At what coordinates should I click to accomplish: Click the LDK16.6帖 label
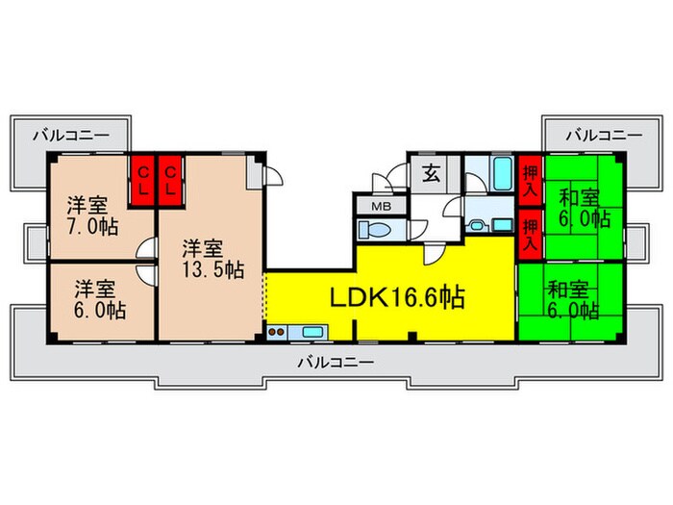coord(397,297)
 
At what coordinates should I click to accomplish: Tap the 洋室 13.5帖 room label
coord(212,260)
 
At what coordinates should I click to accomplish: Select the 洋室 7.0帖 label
coord(92,216)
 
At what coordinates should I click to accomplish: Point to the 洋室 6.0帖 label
coord(100,299)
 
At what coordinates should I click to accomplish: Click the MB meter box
coord(381,207)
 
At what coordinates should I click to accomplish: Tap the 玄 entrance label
coord(431,173)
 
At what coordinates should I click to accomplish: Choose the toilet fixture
coord(375,230)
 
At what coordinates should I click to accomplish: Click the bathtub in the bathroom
coord(503,174)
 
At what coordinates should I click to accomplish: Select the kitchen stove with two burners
coord(277,332)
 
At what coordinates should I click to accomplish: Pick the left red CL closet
coord(143,181)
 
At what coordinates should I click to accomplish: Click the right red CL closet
coord(171,181)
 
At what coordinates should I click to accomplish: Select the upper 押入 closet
coord(531,180)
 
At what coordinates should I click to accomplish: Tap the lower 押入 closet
coord(531,235)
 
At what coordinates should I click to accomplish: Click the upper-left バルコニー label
coord(72,136)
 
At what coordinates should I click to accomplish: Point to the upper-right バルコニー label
coord(605,136)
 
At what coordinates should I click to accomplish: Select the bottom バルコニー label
coord(336,363)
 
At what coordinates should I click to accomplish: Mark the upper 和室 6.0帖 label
coord(584,209)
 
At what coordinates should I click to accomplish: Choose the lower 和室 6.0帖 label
coord(573,300)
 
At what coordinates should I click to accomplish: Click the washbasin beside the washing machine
coord(476,225)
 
